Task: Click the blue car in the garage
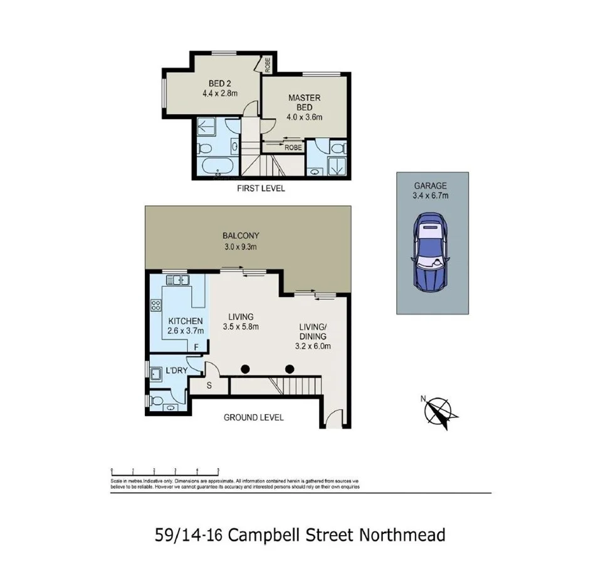click(x=431, y=252)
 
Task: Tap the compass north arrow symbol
click(x=441, y=412)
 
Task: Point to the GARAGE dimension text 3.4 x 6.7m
click(x=431, y=195)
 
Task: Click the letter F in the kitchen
click(x=197, y=347)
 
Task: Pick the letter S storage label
click(x=209, y=384)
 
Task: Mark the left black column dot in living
click(x=246, y=369)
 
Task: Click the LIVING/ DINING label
click(x=312, y=336)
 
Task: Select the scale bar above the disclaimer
click(x=165, y=468)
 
